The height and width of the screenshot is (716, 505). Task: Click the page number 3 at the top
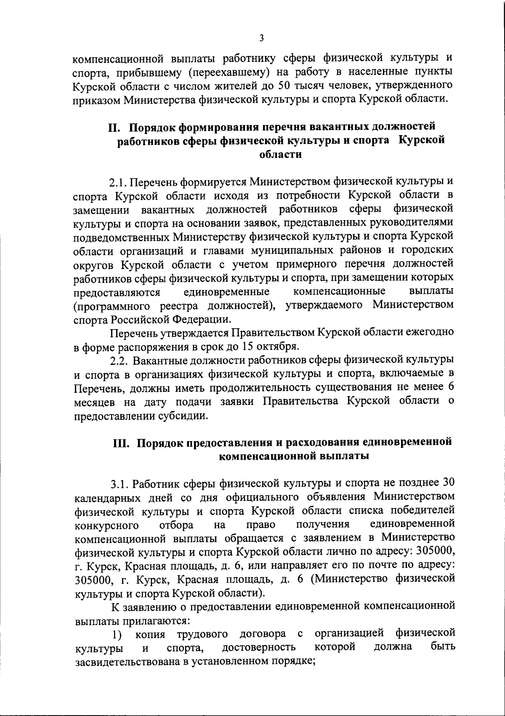(261, 38)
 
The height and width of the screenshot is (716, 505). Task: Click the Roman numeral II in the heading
(114, 127)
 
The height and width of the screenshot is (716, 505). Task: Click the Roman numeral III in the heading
(122, 442)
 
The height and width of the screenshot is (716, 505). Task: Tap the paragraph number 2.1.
(118, 183)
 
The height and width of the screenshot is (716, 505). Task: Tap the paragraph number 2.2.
(120, 360)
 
